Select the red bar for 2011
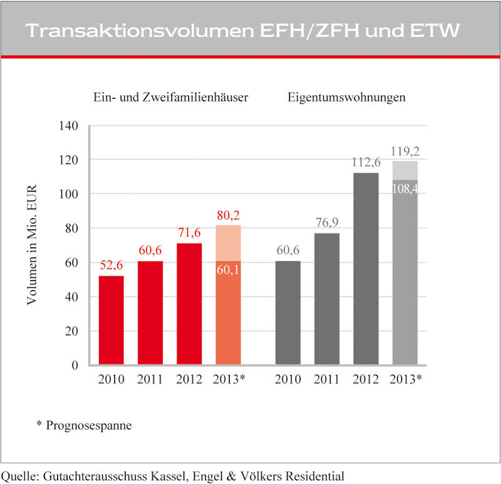(x=150, y=313)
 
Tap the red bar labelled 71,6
(x=189, y=304)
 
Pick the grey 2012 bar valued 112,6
(x=366, y=269)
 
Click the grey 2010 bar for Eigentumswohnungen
(x=288, y=313)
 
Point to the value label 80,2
(x=228, y=215)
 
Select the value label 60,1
(x=228, y=271)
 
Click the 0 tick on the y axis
(x=75, y=366)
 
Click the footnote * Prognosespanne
(x=88, y=426)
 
